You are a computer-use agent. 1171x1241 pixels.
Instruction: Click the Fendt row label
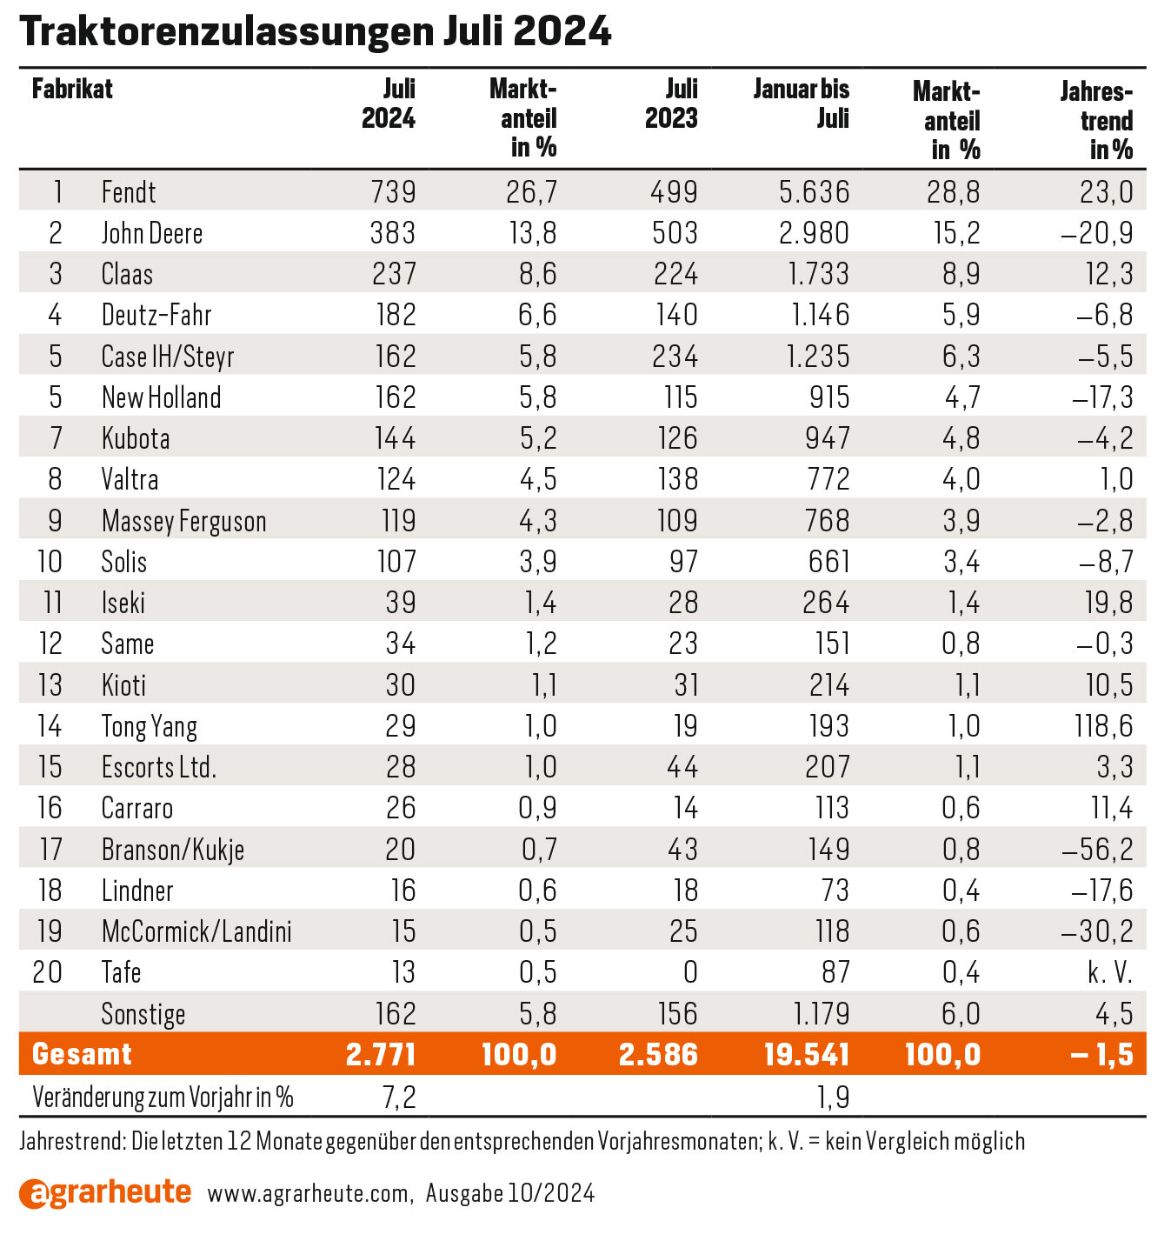tap(128, 192)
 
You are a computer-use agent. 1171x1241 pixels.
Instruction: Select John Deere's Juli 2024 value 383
tap(392, 233)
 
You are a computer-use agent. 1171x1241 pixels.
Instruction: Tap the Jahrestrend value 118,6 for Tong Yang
tap(1104, 726)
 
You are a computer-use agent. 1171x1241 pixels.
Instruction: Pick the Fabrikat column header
tap(72, 90)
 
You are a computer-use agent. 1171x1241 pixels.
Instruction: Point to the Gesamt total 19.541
tap(807, 1054)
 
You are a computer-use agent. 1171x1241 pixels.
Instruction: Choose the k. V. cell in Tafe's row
tap(1110, 972)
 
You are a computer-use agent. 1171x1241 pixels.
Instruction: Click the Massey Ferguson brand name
tap(183, 522)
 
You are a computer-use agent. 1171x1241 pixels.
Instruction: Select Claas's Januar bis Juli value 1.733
tap(819, 274)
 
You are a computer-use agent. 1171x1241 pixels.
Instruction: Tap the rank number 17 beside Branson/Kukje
tap(51, 849)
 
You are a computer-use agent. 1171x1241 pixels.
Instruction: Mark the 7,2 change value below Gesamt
tap(399, 1098)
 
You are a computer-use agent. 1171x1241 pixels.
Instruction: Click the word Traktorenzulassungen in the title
tap(227, 31)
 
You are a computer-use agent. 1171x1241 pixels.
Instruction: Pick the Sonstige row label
tap(143, 1014)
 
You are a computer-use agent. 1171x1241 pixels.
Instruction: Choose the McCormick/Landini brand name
tap(196, 931)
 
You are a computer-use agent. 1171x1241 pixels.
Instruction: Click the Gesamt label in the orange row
tap(82, 1054)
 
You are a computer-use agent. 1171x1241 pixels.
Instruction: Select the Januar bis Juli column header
tap(802, 103)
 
